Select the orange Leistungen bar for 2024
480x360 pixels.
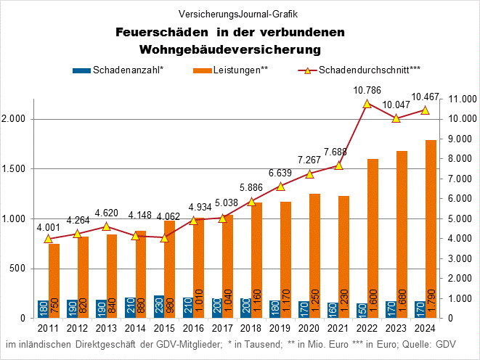[x=431, y=229]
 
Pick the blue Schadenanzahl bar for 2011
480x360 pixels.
[x=43, y=309]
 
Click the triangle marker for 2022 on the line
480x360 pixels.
[x=367, y=104]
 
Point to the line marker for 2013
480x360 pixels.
[x=106, y=226]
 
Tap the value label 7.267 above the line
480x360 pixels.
[x=309, y=160]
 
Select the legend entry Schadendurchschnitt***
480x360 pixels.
[x=370, y=70]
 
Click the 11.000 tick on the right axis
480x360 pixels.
[x=463, y=99]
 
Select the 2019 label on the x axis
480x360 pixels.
[x=280, y=329]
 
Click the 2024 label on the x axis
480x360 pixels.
[x=425, y=329]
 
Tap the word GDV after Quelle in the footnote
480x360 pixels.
[x=445, y=343]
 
